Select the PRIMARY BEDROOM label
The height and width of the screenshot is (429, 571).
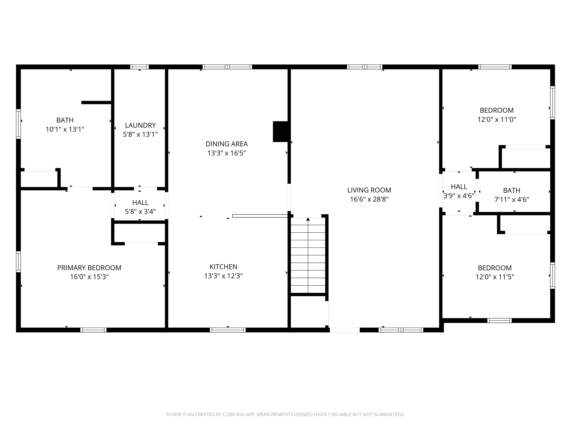(x=89, y=268)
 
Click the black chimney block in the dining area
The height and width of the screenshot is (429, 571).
(x=281, y=132)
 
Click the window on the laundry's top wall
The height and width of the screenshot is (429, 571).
(x=139, y=67)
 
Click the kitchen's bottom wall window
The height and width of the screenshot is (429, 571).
(x=228, y=330)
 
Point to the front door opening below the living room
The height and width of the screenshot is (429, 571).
(x=345, y=330)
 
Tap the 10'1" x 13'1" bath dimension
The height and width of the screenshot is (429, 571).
(x=65, y=129)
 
